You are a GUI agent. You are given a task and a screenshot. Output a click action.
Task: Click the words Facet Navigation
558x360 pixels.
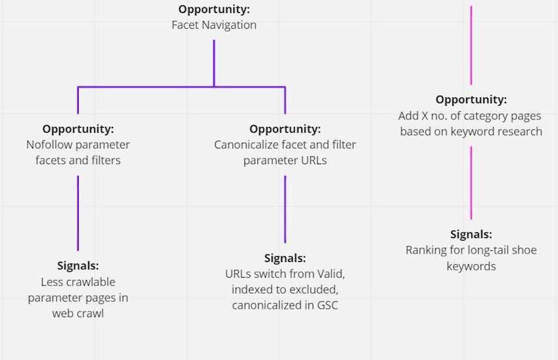(x=214, y=25)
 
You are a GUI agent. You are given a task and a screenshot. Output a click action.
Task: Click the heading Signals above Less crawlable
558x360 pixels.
(x=78, y=265)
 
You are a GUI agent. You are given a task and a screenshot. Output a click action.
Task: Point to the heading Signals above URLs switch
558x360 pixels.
(x=285, y=258)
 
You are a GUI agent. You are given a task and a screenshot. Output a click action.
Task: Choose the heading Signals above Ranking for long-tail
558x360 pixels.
(x=471, y=235)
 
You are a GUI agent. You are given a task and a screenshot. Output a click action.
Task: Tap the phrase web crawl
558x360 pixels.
(x=78, y=313)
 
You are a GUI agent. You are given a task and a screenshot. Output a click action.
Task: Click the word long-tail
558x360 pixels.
(x=487, y=250)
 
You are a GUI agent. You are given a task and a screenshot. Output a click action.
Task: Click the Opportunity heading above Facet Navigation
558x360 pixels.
(x=214, y=9)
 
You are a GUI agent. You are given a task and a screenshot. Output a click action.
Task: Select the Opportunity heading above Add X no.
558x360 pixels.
(x=471, y=100)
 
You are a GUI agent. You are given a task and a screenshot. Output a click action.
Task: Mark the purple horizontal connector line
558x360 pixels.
(x=181, y=87)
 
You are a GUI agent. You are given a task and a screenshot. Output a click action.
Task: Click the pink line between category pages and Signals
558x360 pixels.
(x=471, y=183)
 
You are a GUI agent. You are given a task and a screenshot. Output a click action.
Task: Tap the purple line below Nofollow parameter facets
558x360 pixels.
(x=78, y=213)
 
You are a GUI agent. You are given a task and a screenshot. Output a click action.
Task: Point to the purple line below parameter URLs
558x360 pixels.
(x=285, y=209)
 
